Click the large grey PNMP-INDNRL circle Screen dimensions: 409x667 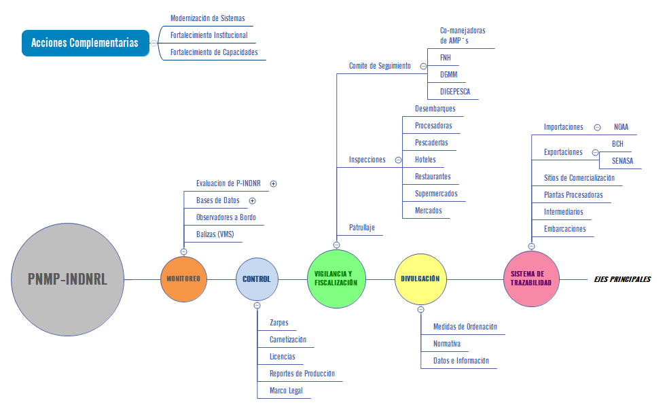point(67,279)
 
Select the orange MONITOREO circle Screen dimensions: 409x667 point(183,279)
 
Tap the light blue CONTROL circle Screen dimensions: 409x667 point(257,279)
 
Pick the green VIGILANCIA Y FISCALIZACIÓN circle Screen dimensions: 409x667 point(336,278)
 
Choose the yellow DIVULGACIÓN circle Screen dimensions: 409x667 point(420,279)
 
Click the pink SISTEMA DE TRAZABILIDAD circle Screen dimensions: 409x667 point(530,278)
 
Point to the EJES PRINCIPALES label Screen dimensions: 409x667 point(621,279)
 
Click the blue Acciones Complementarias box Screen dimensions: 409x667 point(85,43)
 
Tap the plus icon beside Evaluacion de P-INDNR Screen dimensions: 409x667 point(273,183)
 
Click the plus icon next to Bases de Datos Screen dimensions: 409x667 point(252,200)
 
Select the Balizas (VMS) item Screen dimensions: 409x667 point(215,234)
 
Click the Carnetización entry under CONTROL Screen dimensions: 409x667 point(288,340)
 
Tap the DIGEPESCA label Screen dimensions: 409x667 point(455,92)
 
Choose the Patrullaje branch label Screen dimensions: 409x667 point(362,228)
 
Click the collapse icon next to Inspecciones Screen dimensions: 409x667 point(398,160)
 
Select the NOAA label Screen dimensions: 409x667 point(621,127)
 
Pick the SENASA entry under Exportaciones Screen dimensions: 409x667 point(623,161)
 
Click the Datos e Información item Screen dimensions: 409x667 point(461,361)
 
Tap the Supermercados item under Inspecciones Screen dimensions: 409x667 point(436,194)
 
